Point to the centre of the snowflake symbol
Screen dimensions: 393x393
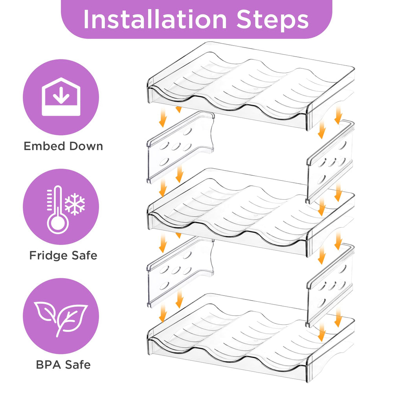coord(75,204)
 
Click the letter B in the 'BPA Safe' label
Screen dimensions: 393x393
coord(40,365)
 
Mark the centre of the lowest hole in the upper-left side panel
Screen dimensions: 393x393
coord(164,162)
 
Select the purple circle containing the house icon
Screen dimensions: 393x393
coord(61,97)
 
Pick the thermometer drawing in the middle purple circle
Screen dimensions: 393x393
coord(58,210)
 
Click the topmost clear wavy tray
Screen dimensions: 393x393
coord(251,86)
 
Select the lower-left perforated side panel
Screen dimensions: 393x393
coord(180,272)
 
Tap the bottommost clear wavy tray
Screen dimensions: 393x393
coord(251,338)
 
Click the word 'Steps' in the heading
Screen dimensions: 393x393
coord(272,20)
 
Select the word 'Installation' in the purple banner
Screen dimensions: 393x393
coord(155,20)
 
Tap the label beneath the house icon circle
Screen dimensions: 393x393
coord(63,146)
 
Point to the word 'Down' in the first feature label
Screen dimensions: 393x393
coord(86,146)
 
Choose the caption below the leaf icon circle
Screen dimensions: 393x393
coord(63,365)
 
